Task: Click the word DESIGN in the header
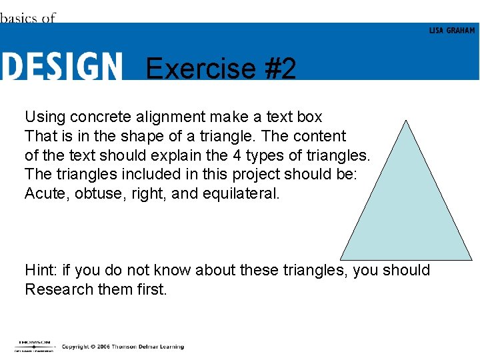tap(61, 67)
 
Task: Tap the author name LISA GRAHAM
tap(452, 31)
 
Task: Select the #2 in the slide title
tap(279, 69)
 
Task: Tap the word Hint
tap(40, 270)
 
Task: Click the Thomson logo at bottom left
tap(34, 345)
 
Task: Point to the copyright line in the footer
tap(123, 347)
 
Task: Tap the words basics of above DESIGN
tap(28, 18)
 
